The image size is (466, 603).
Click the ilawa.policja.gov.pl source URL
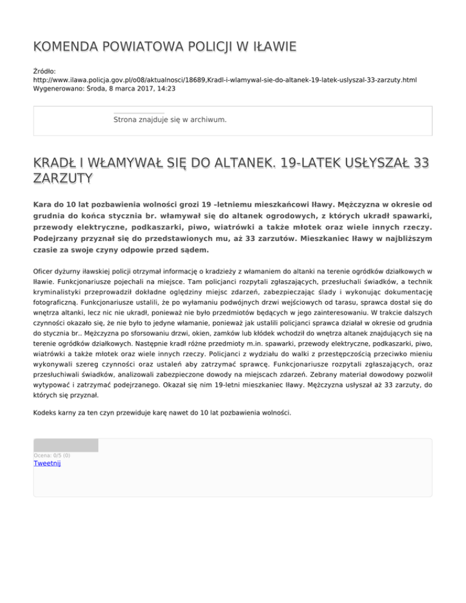pos(225,79)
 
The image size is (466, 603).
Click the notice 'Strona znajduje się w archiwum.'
pos(170,120)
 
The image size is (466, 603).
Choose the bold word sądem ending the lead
pos(195,249)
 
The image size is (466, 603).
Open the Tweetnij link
pos(47,463)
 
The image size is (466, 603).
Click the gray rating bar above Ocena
pos(66,445)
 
